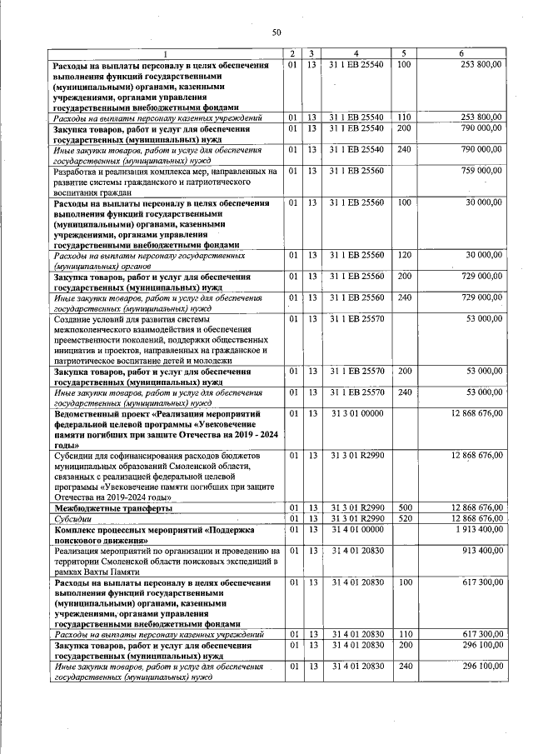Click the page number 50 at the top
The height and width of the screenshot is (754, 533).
(276, 32)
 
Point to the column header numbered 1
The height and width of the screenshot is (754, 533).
(165, 53)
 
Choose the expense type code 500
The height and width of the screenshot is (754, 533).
(404, 507)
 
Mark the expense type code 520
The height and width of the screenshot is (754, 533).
(404, 518)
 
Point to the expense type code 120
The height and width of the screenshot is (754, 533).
(404, 255)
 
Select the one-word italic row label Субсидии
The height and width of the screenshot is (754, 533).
(72, 518)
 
